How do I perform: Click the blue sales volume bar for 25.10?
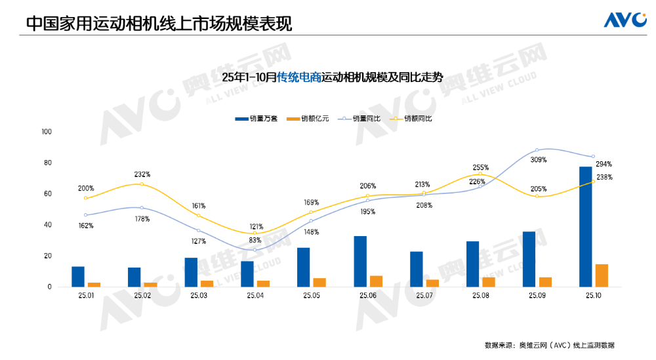585,226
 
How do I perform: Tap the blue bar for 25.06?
360,261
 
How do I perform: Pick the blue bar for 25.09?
529,259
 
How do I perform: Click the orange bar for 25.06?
376,281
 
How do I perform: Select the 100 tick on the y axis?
46,132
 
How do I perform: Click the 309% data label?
539,160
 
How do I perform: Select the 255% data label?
482,168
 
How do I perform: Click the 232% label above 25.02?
142,174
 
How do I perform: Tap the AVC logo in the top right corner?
625,20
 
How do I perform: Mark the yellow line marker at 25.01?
85,198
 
